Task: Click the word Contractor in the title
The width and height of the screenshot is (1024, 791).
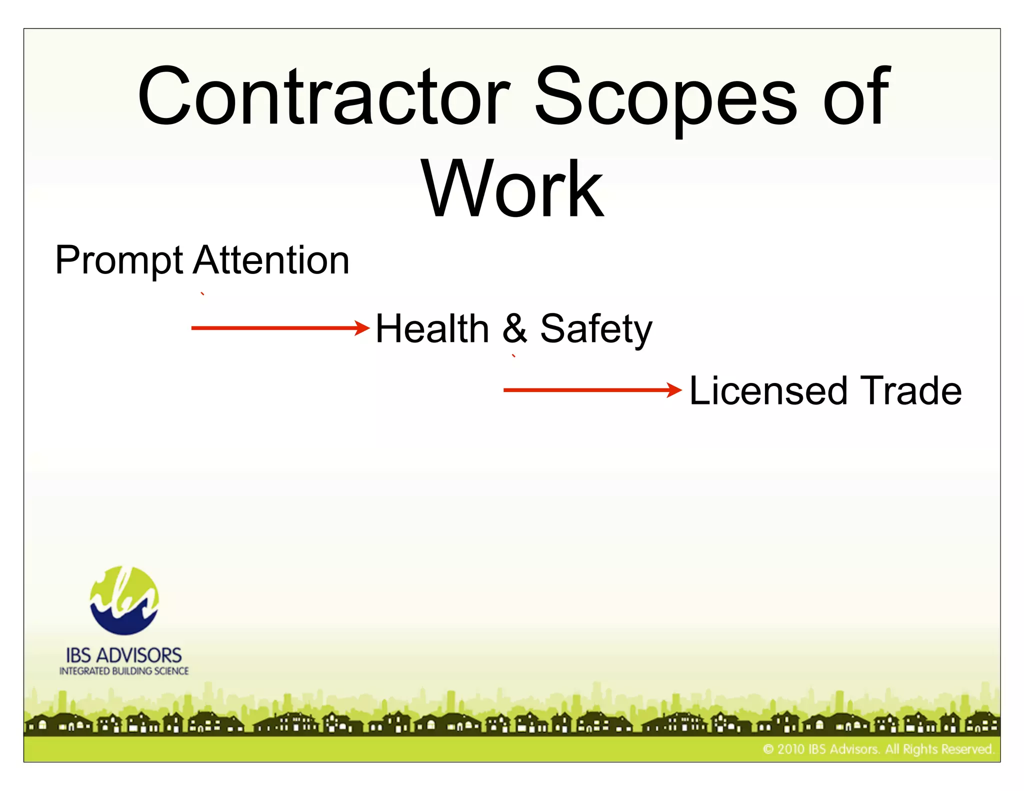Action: click(x=323, y=96)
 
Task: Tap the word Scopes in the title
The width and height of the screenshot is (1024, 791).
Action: click(x=665, y=97)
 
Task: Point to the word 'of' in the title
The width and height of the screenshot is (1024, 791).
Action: click(x=855, y=96)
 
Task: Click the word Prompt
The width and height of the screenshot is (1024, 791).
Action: click(x=119, y=261)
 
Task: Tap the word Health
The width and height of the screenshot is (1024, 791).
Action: click(x=432, y=328)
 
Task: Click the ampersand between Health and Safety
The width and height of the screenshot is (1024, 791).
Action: click(x=514, y=328)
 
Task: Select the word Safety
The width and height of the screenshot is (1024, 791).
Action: click(x=596, y=329)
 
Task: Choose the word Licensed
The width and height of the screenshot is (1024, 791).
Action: click(x=768, y=390)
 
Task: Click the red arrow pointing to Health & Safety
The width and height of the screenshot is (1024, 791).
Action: click(x=280, y=328)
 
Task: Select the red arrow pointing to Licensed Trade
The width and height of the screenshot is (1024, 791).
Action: click(x=592, y=390)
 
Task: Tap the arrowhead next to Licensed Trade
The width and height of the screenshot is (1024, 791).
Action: click(x=675, y=390)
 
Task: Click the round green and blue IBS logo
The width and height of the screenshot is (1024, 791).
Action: click(x=124, y=600)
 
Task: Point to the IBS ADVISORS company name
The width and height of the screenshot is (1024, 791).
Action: click(x=124, y=655)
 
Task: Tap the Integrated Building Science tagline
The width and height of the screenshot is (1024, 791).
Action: click(x=124, y=671)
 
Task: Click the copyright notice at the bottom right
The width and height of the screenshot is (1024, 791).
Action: click(x=878, y=749)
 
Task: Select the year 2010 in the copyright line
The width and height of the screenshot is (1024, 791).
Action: click(x=791, y=749)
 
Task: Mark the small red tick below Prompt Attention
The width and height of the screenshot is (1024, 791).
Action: click(x=202, y=294)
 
